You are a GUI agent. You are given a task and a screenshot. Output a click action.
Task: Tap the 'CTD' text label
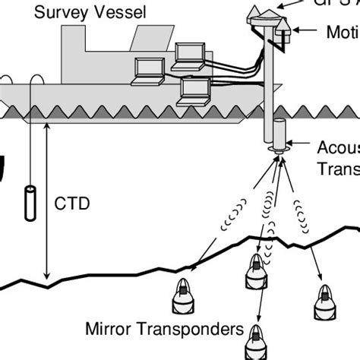click(72, 204)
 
